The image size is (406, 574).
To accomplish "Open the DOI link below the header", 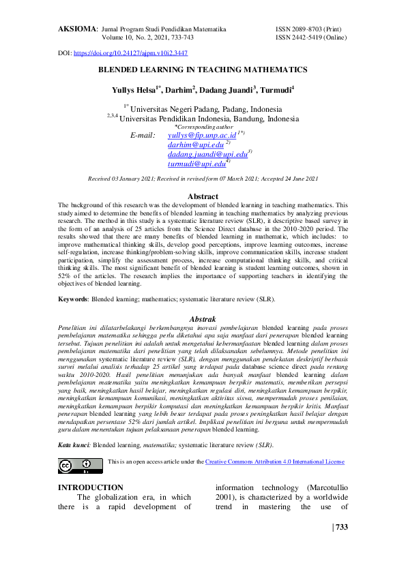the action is pyautogui.click(x=130, y=52).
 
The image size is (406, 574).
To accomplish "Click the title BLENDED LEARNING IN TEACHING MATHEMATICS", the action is pyautogui.click(x=203, y=70).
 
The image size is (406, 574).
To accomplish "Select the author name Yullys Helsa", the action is pyautogui.click(x=134, y=90).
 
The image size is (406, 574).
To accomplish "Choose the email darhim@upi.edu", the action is pyautogui.click(x=195, y=145).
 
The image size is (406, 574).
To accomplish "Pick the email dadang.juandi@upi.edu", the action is pyautogui.click(x=207, y=155).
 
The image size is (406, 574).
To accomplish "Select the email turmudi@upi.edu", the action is pyautogui.click(x=197, y=164).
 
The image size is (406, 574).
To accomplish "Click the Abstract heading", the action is pyautogui.click(x=203, y=196).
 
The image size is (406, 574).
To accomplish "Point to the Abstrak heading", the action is pyautogui.click(x=203, y=318).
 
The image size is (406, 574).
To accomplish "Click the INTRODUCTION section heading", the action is pyautogui.click(x=91, y=487).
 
